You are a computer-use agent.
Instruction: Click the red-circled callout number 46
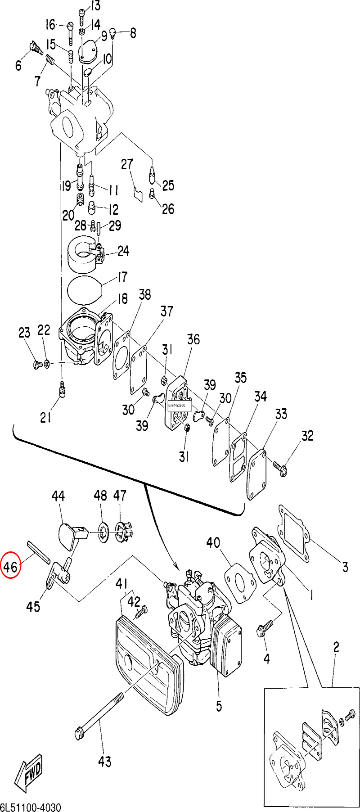click(x=11, y=567)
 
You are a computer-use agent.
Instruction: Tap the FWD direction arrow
click(x=28, y=773)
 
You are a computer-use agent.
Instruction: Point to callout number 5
click(x=219, y=705)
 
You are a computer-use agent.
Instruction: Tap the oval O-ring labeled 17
click(x=85, y=291)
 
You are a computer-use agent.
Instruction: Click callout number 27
click(x=127, y=164)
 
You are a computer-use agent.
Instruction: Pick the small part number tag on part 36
click(x=180, y=406)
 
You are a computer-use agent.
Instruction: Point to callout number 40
click(x=213, y=542)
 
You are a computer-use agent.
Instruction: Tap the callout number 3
click(x=345, y=566)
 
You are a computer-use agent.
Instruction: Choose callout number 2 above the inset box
click(x=336, y=647)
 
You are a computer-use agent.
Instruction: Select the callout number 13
click(x=95, y=6)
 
